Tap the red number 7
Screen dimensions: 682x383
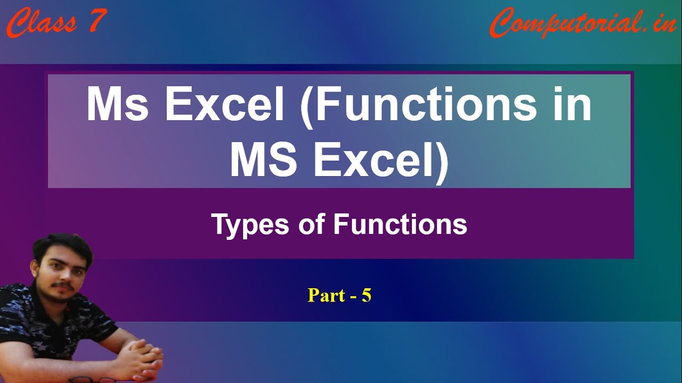98,20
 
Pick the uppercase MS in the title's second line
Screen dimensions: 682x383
264,159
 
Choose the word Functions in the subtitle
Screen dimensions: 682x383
400,224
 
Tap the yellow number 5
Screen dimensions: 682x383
366,295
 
